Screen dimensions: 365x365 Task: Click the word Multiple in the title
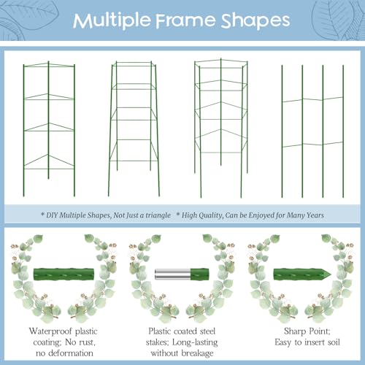point(112,20)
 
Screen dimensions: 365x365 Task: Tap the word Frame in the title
point(185,20)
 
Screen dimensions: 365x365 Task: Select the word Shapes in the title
point(255,20)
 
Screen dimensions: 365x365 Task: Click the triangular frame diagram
point(49,129)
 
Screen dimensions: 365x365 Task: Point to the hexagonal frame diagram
point(221,128)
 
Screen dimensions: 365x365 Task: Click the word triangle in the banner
point(158,215)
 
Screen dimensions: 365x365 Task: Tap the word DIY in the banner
point(52,215)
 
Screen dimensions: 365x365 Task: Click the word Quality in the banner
point(213,215)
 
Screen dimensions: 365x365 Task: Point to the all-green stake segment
point(64,274)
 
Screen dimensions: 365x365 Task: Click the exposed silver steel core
point(172,274)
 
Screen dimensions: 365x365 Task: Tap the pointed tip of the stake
point(331,274)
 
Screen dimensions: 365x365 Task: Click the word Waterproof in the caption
point(50,331)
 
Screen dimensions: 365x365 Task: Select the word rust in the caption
point(86,342)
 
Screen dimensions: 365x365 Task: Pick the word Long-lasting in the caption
point(195,342)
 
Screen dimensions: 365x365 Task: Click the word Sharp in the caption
point(294,331)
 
